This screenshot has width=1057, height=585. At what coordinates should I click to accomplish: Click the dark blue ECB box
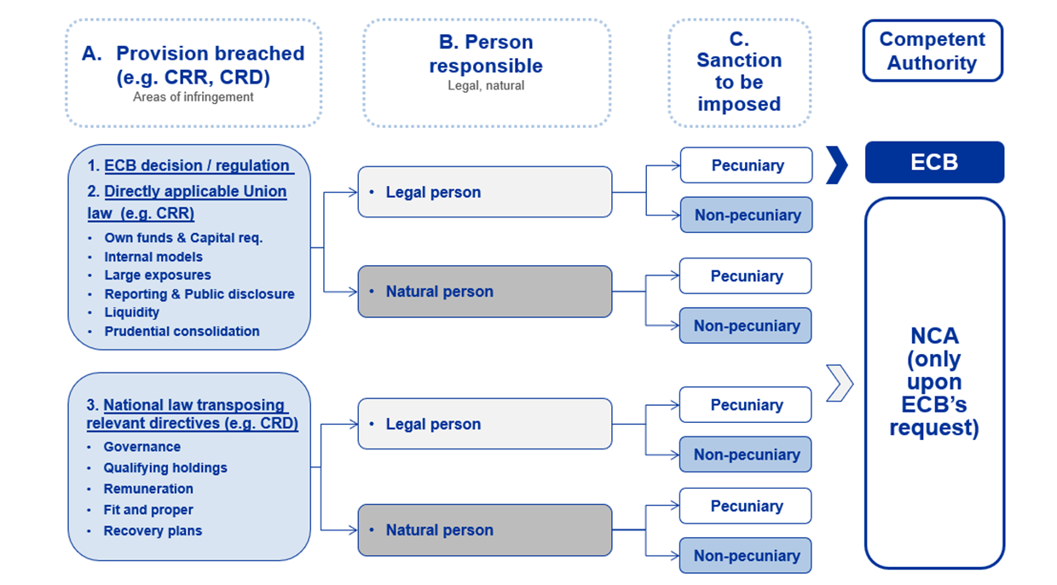934,162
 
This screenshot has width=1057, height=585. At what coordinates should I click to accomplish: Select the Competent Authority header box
933,51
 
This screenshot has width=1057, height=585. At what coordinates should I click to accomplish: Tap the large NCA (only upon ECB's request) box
934,383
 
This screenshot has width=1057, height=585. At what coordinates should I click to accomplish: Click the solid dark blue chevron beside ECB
837,165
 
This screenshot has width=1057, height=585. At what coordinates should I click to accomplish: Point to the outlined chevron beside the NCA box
839,383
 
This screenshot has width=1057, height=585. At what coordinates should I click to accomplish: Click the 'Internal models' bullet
153,257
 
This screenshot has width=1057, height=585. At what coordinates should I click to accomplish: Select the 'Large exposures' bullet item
158,275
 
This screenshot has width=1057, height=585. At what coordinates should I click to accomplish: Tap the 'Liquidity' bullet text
132,312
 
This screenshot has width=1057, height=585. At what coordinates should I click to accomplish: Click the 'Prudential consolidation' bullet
182,331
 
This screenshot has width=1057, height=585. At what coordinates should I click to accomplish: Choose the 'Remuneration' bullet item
148,489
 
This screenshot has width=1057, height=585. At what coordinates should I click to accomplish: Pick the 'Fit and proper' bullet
148,510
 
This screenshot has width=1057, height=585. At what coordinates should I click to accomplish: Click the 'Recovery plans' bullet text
153,530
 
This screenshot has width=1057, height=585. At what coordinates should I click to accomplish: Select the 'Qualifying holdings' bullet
165,467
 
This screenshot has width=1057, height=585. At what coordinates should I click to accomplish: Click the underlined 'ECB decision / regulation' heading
197,165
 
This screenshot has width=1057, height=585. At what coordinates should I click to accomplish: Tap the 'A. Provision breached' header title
193,65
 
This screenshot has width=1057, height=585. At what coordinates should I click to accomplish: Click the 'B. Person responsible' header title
486,54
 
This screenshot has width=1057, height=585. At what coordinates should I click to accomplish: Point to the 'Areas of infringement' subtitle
193,97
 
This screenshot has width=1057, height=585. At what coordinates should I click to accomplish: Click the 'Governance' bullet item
142,447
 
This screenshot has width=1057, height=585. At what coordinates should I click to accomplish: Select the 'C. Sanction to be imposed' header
739,72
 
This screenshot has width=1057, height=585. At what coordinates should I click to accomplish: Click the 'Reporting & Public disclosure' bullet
199,294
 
